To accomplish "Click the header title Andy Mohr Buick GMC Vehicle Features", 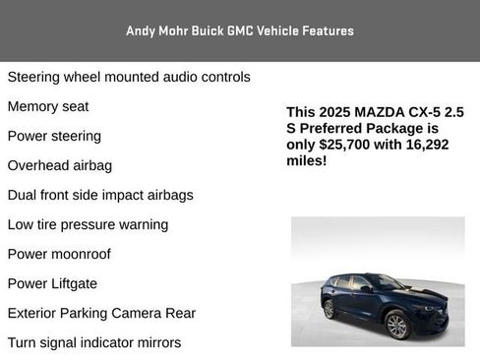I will tap(240, 30).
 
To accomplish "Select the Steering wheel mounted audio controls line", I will tap(129, 77).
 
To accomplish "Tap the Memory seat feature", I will tap(48, 106).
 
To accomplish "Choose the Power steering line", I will tap(54, 136).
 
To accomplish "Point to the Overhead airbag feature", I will tap(60, 165).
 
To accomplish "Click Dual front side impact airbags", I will tap(100, 195).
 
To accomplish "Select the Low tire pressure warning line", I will tap(88, 224).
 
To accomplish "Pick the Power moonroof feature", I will tap(59, 254).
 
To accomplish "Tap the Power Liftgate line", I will tap(52, 283).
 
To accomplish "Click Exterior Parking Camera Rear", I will tap(101, 313).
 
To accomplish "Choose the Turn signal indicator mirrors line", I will tap(94, 342).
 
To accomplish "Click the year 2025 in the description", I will tap(338, 112).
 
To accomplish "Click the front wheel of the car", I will tap(396, 326).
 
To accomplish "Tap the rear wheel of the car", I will tap(329, 309).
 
